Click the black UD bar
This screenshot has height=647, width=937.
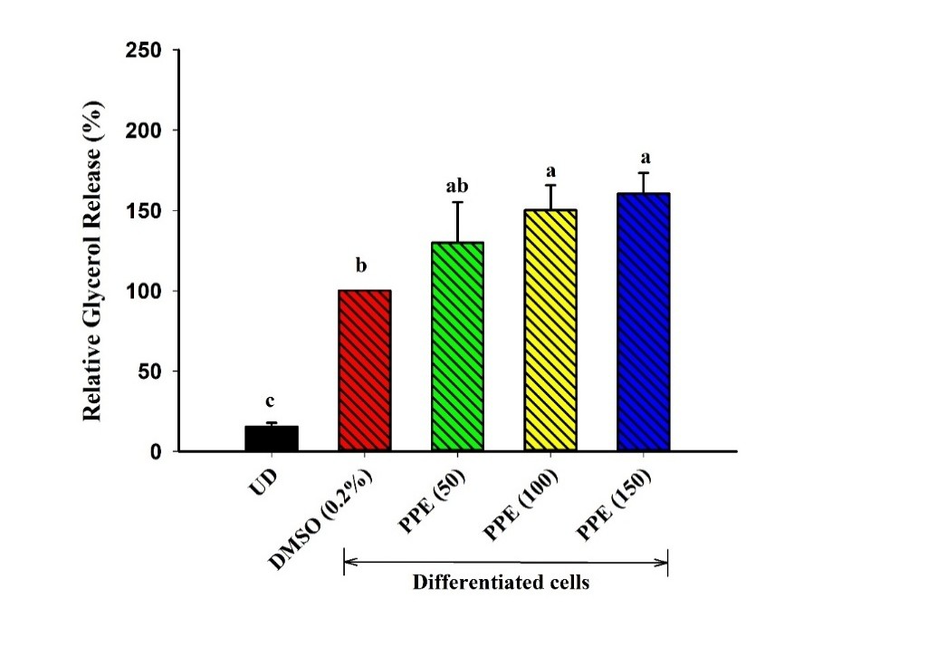point(272,439)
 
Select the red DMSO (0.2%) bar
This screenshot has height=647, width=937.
point(364,371)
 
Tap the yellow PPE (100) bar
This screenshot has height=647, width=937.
point(550,330)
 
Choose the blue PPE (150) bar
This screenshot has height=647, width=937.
point(644,322)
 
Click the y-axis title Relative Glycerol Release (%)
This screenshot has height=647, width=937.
point(92,260)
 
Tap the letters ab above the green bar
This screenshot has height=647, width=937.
point(457,188)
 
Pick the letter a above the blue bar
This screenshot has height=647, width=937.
point(644,156)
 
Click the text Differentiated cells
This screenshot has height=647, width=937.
point(501,583)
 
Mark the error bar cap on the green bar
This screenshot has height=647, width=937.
point(458,202)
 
